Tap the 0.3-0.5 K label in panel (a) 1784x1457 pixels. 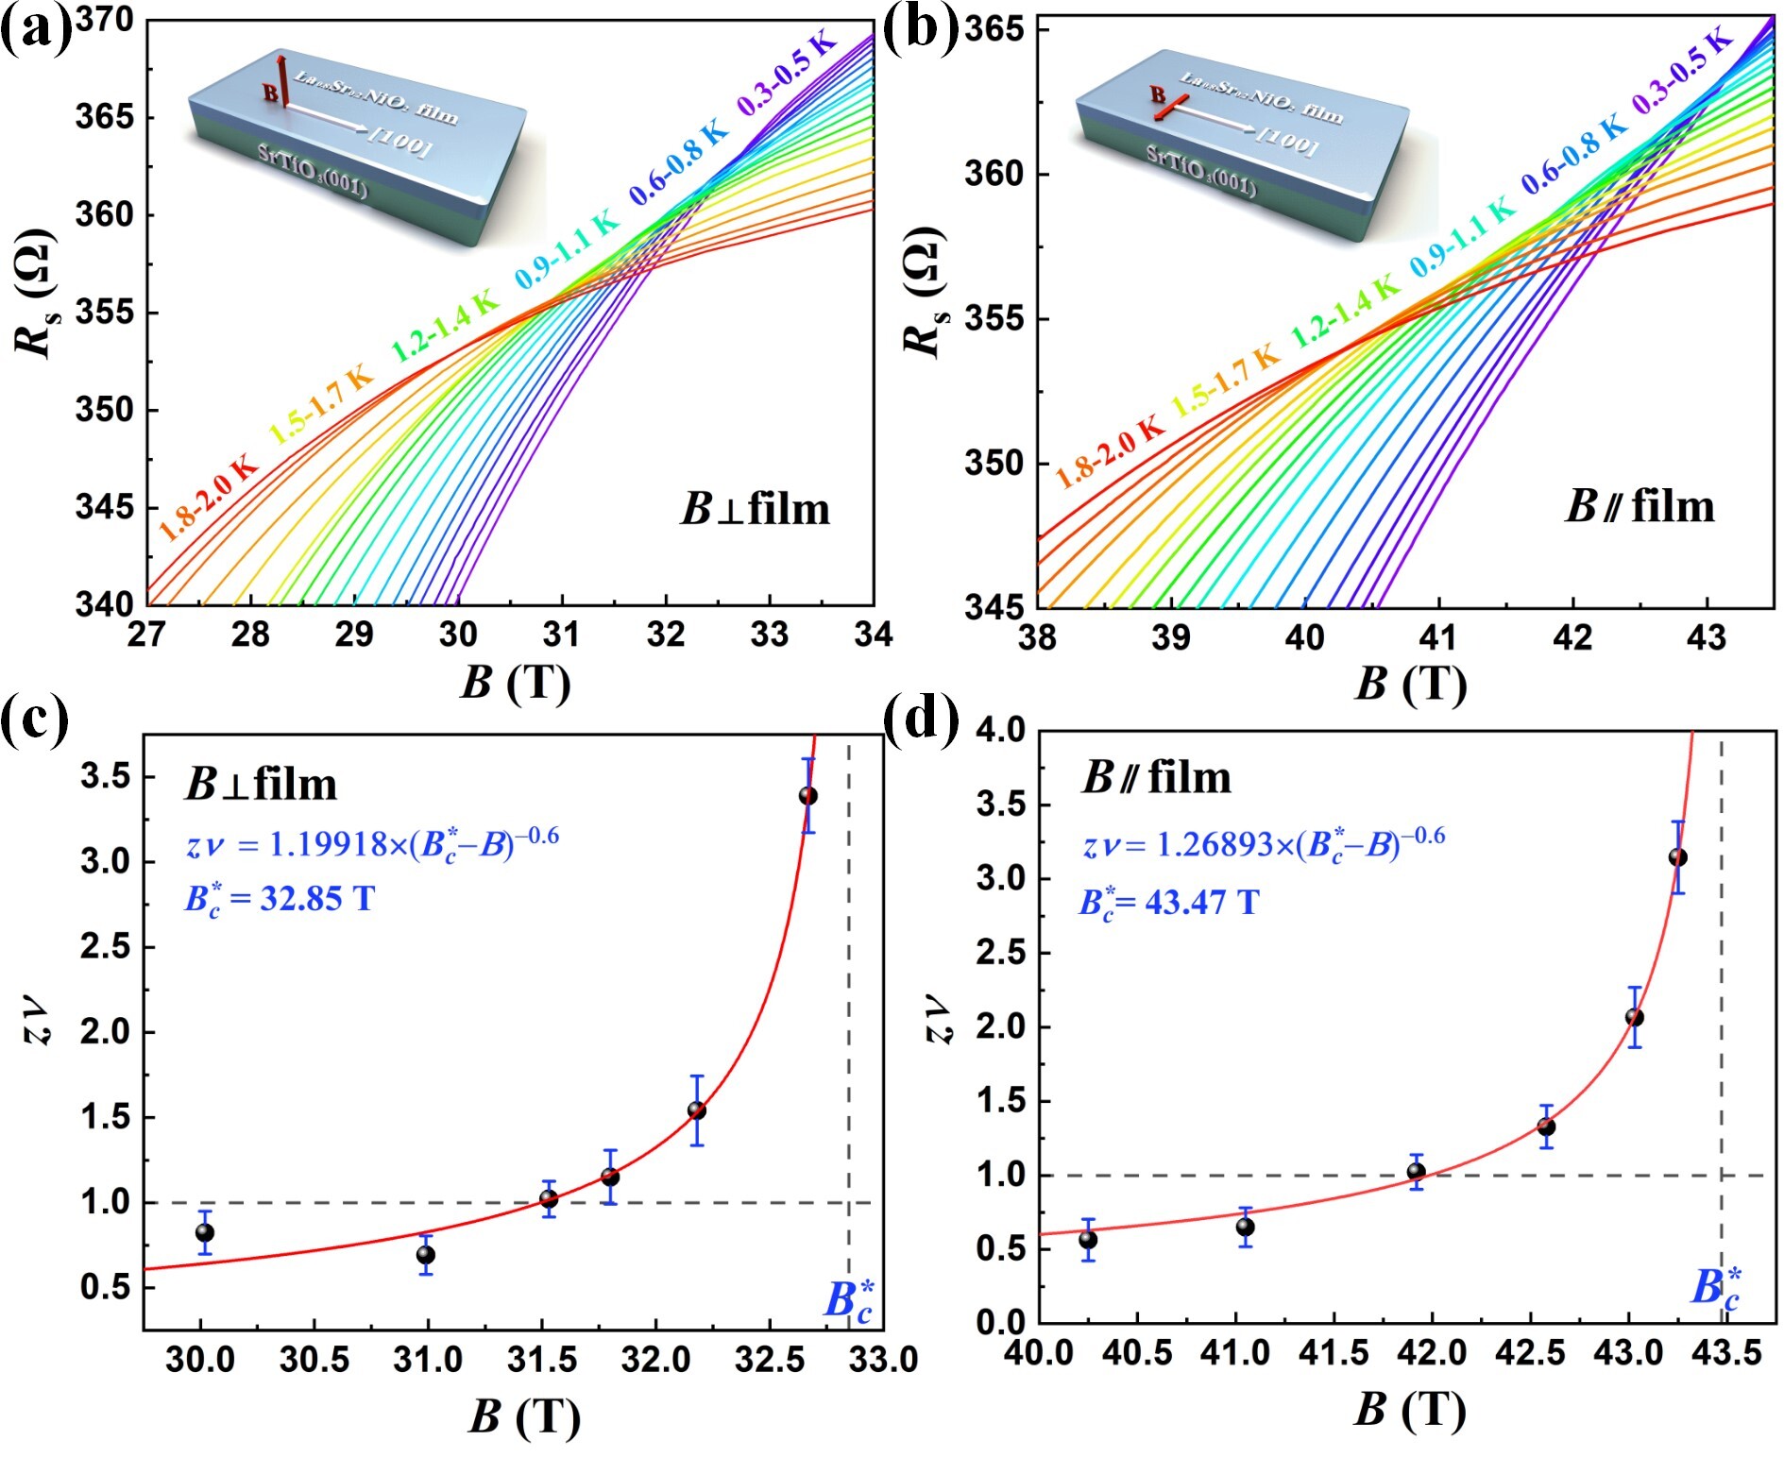click(x=788, y=74)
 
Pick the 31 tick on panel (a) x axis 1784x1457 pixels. click(x=562, y=635)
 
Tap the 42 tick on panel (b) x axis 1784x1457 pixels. click(x=1572, y=638)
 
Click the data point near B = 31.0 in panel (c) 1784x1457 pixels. click(x=426, y=1254)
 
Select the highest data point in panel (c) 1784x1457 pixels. click(x=807, y=796)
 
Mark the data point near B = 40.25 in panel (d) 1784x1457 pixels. click(x=1088, y=1239)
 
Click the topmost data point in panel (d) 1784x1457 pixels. click(x=1677, y=857)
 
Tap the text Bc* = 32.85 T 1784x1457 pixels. click(x=280, y=898)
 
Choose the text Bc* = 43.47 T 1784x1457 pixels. click(x=1169, y=903)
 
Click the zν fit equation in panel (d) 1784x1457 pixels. click(x=1264, y=843)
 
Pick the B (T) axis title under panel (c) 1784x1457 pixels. click(x=524, y=1416)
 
